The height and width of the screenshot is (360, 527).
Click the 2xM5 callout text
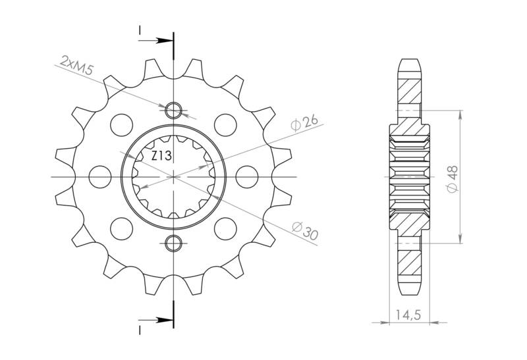point(76,66)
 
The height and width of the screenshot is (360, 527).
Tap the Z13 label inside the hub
point(162,157)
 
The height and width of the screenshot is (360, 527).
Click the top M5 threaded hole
point(173,109)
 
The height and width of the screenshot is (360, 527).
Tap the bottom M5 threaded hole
point(173,244)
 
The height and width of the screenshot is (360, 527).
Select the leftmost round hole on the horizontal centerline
point(101,176)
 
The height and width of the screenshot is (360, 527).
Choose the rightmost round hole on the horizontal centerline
point(246,176)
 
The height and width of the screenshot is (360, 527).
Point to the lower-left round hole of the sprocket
point(122,228)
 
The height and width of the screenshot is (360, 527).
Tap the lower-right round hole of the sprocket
point(225,228)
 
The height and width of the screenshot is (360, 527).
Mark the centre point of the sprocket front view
point(173,176)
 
